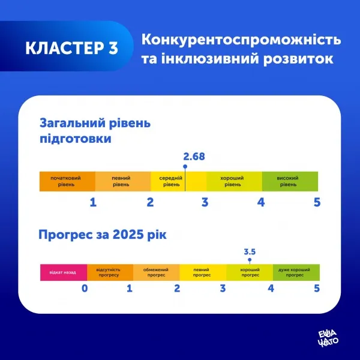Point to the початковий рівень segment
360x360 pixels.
67,181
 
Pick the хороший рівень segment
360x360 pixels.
234,181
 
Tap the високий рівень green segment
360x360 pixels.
290,181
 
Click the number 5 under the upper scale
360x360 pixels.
317,202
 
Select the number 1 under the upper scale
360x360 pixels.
93,202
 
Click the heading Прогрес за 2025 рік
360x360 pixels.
103,233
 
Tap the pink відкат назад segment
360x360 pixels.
63,272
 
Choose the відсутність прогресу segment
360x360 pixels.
110,272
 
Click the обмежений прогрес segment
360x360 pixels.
156,272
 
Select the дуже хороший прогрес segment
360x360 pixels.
296,272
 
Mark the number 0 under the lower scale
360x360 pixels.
85,289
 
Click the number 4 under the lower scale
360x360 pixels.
271,289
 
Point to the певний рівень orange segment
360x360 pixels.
123,181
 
